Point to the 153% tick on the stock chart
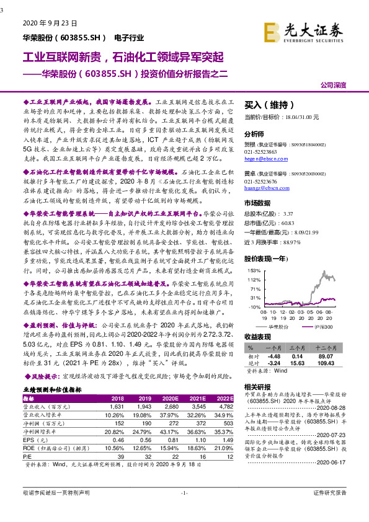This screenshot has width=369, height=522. pos(254,271)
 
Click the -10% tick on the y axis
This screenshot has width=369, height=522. pos(254,306)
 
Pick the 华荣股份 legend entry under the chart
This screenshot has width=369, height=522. pos(276,325)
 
